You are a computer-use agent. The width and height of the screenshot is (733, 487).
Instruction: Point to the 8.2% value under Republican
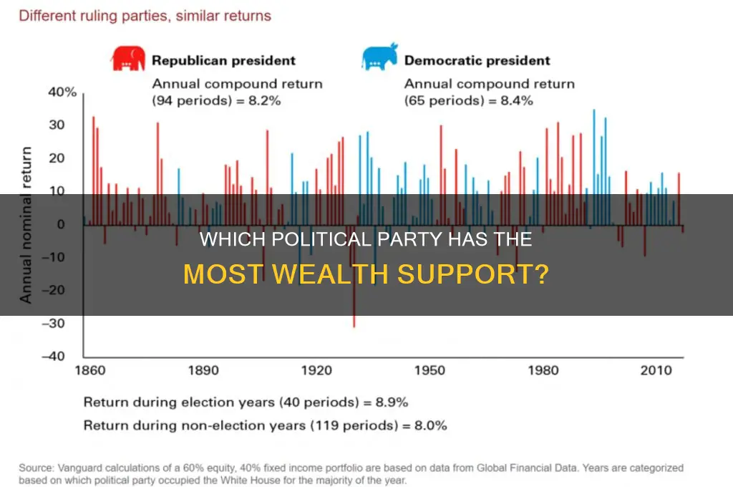click(x=265, y=101)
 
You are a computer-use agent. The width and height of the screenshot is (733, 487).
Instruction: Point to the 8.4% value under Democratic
click(x=517, y=101)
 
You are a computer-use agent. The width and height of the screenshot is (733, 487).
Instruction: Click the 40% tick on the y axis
click(x=62, y=92)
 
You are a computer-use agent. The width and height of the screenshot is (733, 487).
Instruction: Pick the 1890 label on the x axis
click(x=203, y=371)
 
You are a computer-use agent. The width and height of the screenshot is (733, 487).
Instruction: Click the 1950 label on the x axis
click(x=429, y=371)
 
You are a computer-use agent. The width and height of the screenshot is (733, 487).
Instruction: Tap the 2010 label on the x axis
click(x=656, y=371)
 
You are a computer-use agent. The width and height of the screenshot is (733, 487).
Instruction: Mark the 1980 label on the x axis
click(x=543, y=371)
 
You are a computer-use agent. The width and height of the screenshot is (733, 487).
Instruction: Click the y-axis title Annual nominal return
click(x=26, y=224)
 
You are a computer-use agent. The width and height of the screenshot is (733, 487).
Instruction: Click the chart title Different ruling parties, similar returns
click(x=145, y=16)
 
